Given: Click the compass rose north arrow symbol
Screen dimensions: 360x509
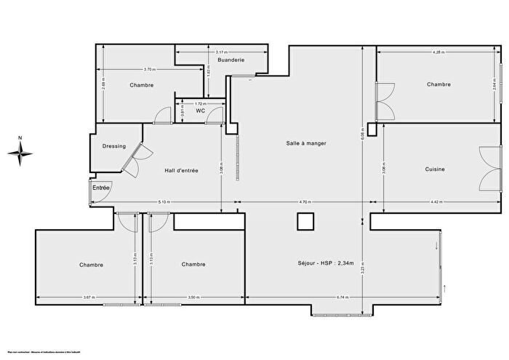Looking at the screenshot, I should coord(21,151).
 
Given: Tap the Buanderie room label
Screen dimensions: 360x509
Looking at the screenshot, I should coord(231,60).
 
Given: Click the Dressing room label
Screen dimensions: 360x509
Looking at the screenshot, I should coord(114,145).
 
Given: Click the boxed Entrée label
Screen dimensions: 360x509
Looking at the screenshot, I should coord(100,188).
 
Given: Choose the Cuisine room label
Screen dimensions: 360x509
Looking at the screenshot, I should coord(435,169).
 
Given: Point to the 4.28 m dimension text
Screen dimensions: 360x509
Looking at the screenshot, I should coord(438,52).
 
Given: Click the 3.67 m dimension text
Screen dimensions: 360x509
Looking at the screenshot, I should coord(89,297).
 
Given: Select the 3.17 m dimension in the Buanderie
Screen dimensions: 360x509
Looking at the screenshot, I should coord(222,52).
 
